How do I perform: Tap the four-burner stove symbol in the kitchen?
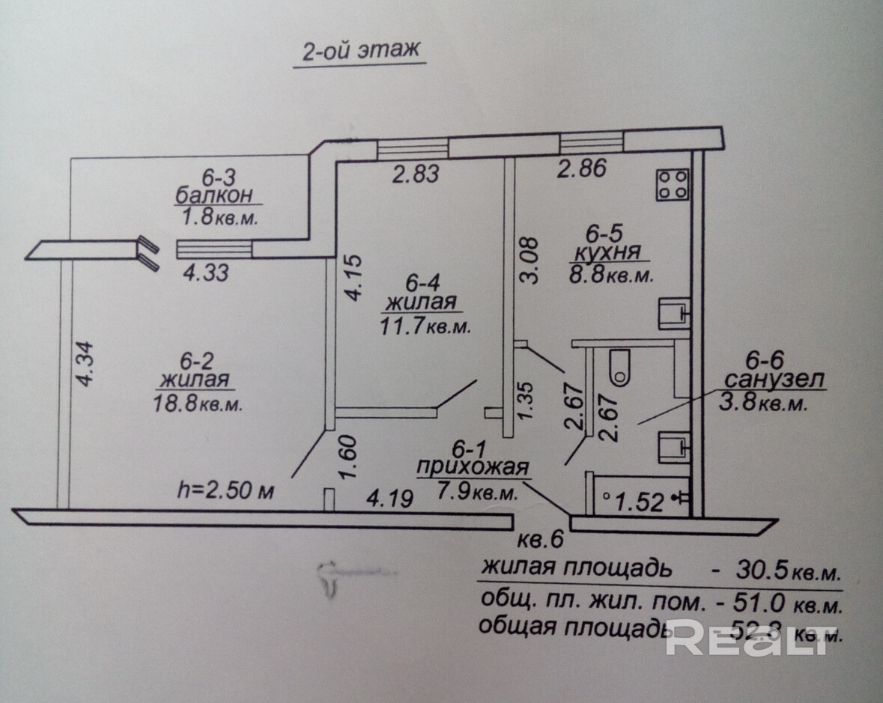(x=673, y=184)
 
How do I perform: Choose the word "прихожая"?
(x=473, y=469)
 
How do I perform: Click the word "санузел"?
(x=774, y=380)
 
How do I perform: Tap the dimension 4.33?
(x=206, y=273)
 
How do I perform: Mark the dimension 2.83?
(x=416, y=174)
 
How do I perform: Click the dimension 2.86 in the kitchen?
(x=582, y=169)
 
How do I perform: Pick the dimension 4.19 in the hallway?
(x=388, y=499)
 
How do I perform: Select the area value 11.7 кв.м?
(x=425, y=326)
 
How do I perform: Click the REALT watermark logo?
(x=749, y=639)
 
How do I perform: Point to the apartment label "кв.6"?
(x=540, y=540)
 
